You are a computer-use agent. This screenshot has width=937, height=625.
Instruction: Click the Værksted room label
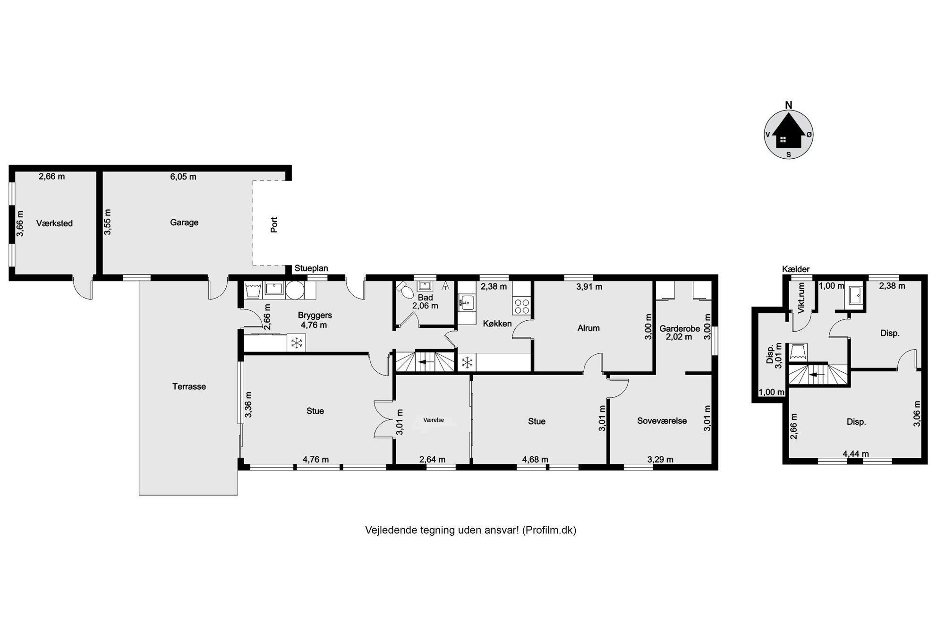pyautogui.click(x=54, y=223)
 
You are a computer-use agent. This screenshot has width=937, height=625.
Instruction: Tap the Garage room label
pyautogui.click(x=184, y=223)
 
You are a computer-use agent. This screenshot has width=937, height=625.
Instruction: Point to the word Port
pyautogui.click(x=274, y=224)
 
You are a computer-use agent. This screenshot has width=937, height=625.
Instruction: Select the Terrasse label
pyautogui.click(x=189, y=386)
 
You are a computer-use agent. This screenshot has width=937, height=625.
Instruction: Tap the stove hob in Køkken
pyautogui.click(x=521, y=306)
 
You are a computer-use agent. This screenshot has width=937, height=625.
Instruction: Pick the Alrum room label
pyautogui.click(x=588, y=328)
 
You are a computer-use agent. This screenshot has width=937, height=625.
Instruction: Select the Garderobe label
pyautogui.click(x=680, y=328)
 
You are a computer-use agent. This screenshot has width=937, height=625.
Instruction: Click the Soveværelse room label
pyautogui.click(x=662, y=421)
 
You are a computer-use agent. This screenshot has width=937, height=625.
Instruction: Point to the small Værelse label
pyautogui.click(x=434, y=420)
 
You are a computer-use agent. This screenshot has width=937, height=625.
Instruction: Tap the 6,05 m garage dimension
pyautogui.click(x=183, y=177)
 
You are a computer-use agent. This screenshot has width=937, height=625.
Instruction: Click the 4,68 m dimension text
pyautogui.click(x=535, y=459)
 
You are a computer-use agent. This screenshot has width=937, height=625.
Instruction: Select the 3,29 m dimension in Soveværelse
pyautogui.click(x=660, y=459)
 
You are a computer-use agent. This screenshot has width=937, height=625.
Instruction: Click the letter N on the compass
pyautogui.click(x=789, y=105)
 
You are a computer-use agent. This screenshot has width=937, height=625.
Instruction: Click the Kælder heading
pyautogui.click(x=796, y=269)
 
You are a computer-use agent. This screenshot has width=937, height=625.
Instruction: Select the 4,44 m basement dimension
pyautogui.click(x=856, y=454)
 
